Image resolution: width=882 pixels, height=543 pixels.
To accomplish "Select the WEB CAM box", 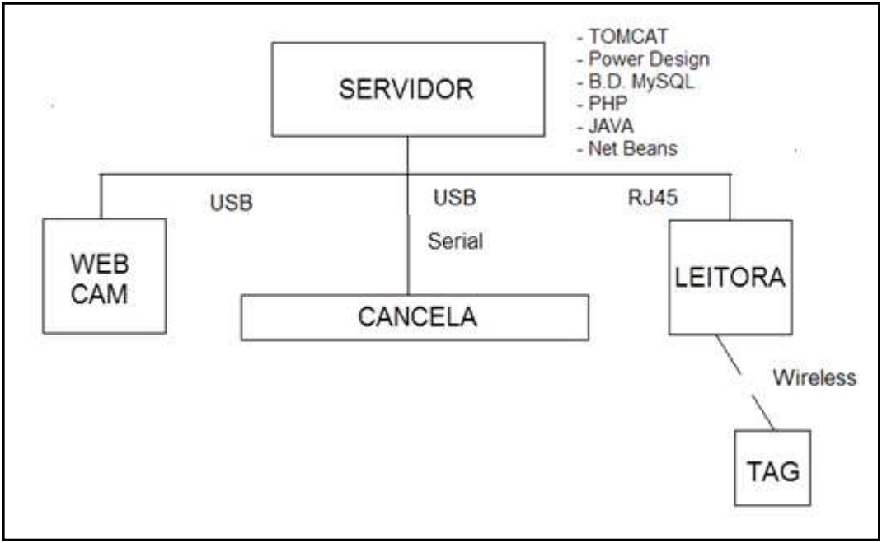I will (105, 275).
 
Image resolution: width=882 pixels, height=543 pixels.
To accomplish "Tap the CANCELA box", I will (415, 316).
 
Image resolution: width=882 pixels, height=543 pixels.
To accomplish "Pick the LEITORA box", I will (730, 277).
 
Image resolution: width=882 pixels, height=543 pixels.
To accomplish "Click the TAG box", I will (773, 469).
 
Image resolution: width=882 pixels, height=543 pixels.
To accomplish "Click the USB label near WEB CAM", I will (232, 202).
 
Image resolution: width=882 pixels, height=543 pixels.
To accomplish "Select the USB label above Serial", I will (455, 199).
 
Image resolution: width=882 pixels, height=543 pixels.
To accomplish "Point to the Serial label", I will (455, 243).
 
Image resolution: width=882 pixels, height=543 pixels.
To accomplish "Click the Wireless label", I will (815, 378).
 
